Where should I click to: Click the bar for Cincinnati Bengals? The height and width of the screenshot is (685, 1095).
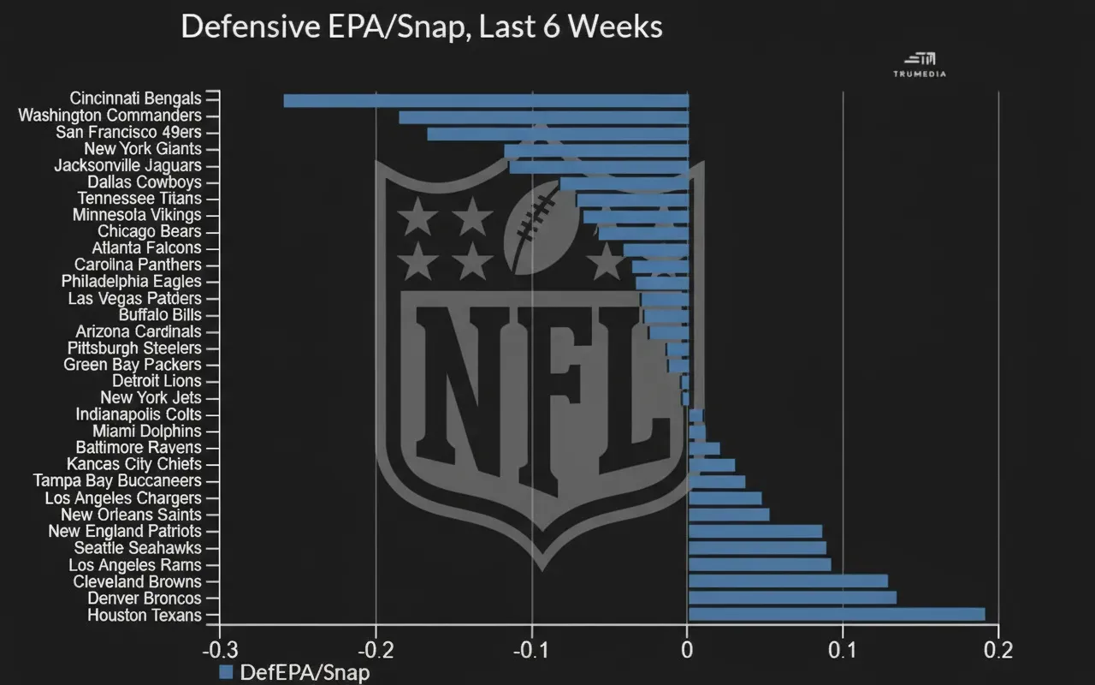486,100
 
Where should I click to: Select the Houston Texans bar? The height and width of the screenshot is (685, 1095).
837,614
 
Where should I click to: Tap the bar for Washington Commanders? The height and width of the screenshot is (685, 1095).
543,117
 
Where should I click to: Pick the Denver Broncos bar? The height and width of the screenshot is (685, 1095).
792,598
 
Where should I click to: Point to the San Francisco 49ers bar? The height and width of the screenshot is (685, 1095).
558,134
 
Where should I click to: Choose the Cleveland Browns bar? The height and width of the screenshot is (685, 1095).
788,581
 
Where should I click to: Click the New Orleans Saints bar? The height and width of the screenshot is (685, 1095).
729,515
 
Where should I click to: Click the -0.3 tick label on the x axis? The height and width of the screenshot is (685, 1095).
219,649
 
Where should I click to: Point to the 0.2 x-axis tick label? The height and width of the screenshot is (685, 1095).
997,649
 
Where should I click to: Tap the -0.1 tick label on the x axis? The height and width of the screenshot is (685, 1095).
531,649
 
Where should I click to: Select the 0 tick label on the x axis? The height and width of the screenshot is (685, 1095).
687,649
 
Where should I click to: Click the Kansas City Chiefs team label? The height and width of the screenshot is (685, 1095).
134,465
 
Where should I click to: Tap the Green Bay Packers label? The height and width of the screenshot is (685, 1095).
133,365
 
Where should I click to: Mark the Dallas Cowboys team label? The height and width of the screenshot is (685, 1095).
145,182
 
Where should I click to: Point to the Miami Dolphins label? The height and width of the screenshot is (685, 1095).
147,432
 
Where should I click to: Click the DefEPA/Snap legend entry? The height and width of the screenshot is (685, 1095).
295,672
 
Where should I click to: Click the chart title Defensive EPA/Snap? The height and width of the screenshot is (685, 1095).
422,27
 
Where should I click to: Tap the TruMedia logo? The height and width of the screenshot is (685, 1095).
920,64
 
